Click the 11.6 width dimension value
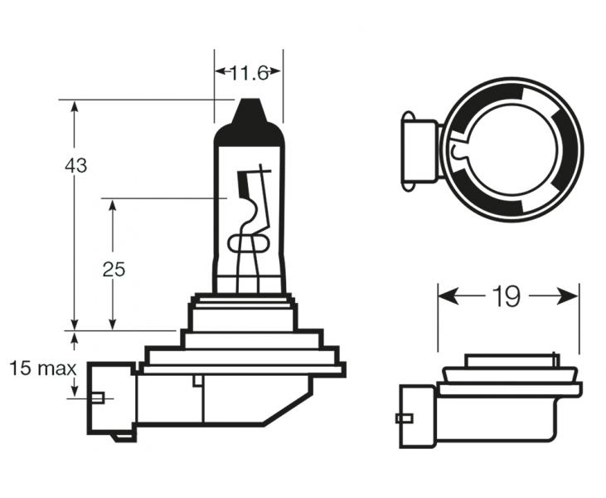(250, 72)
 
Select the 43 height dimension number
(75, 166)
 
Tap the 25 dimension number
(114, 269)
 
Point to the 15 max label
(42, 369)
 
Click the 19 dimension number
(507, 297)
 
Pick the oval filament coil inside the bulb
(248, 243)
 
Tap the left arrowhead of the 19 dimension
(448, 296)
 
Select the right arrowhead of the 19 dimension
(568, 296)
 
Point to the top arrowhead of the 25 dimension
(113, 205)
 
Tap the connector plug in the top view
(420, 151)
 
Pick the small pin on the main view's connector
(97, 398)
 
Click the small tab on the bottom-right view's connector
(405, 418)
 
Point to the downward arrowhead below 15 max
(75, 390)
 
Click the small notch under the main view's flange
(197, 380)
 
